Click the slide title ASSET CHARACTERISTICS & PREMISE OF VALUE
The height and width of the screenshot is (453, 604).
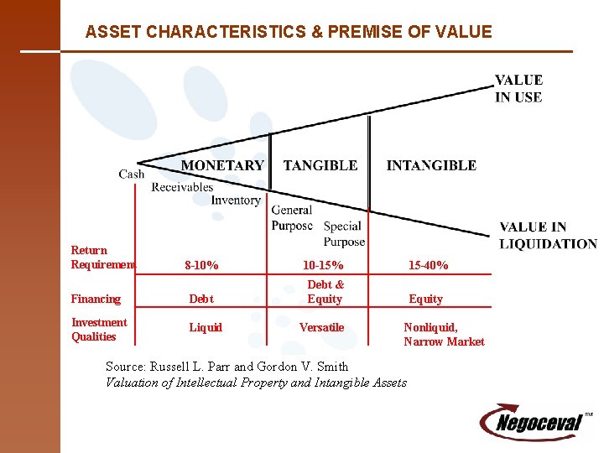point(289,33)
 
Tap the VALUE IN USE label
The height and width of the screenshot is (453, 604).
point(518,89)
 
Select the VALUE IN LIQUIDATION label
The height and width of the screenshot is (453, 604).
point(547,236)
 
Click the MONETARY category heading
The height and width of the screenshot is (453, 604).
point(222,166)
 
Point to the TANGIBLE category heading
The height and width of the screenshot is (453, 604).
point(320,166)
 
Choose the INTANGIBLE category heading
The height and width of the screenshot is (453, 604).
point(431,166)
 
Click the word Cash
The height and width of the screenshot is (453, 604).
point(132,174)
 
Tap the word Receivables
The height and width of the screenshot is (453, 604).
point(182,187)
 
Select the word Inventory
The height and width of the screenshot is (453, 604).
point(235,200)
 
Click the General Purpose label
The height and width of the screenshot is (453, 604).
point(292,218)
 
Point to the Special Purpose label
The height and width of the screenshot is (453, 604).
point(343,234)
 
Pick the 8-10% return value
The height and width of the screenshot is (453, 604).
point(201,266)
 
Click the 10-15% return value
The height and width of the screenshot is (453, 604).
point(323,266)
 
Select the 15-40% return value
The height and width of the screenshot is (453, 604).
point(428,266)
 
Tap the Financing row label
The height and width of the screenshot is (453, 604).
point(96,299)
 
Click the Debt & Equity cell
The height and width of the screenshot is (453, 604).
point(325,292)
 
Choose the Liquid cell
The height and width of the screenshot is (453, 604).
point(206,327)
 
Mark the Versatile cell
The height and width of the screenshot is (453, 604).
point(322,327)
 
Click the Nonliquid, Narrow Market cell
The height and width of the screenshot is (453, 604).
point(444,334)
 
